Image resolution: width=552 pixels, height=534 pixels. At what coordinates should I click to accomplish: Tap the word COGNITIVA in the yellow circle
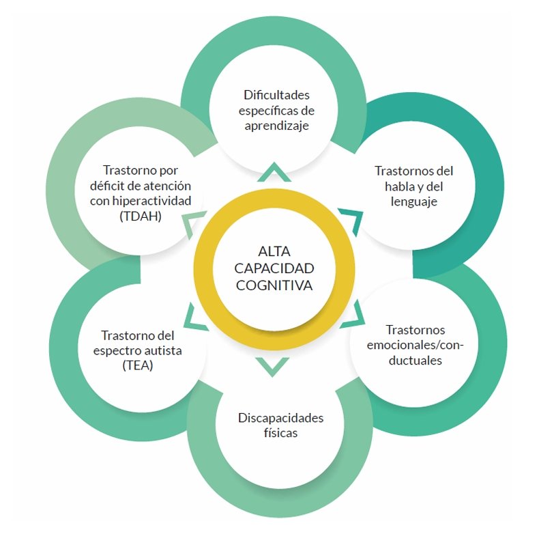274,285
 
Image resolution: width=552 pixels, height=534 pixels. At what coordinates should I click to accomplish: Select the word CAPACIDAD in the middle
274,268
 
